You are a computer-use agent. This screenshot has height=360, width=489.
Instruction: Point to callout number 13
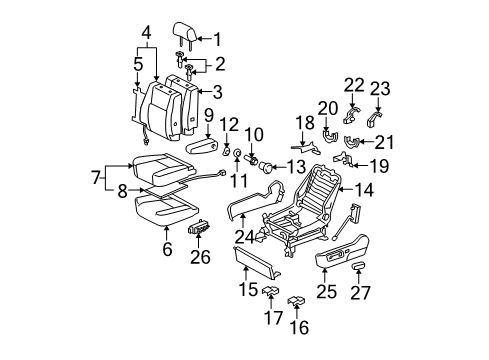[x=297, y=167]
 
